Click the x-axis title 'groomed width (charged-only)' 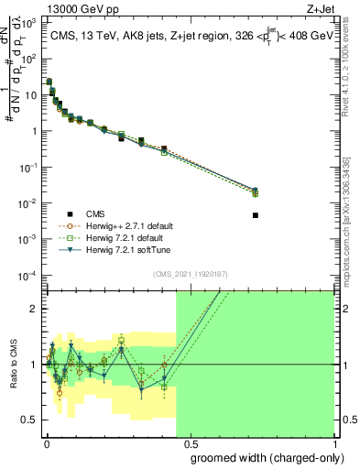coord(262,456)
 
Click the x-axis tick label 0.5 coord(190,442)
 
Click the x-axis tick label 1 coord(333,442)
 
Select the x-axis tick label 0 coord(47,442)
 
